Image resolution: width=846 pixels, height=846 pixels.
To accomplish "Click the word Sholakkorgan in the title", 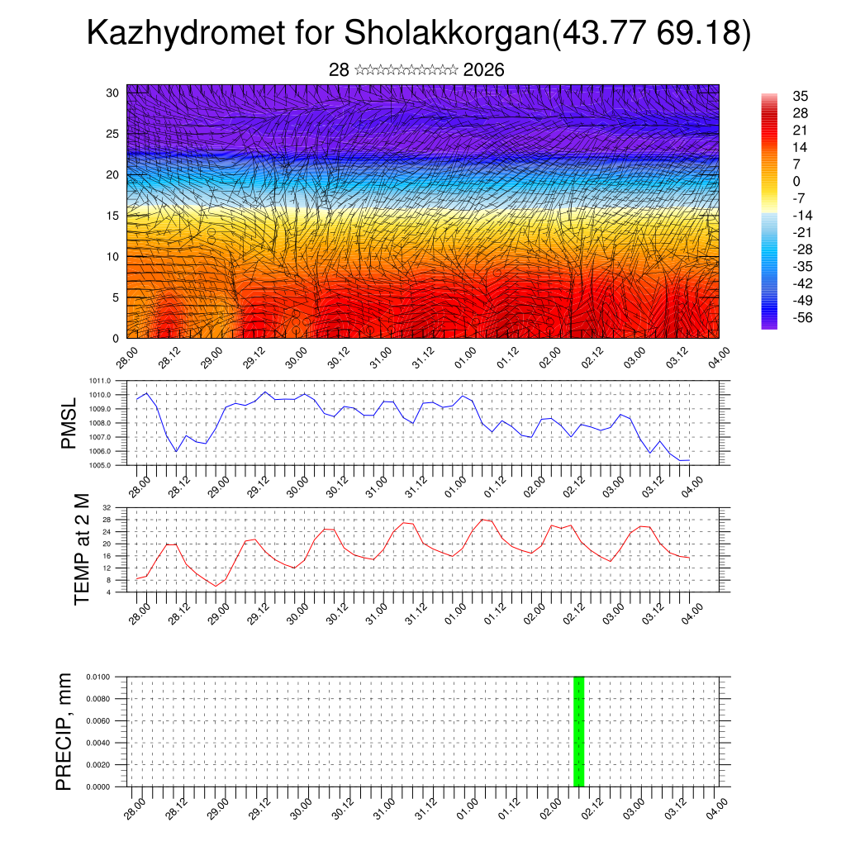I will tap(445, 34).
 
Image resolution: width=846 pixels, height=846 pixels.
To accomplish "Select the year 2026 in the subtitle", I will tap(483, 70).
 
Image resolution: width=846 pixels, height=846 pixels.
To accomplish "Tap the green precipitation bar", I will tap(578, 730).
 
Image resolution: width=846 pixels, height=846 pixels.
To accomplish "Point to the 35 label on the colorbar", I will tap(800, 96).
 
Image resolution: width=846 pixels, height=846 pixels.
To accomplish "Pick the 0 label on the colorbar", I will tap(796, 181).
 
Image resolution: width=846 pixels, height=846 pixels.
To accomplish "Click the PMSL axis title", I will tap(69, 423).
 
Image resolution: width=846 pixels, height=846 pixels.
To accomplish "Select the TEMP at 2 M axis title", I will tap(81, 549).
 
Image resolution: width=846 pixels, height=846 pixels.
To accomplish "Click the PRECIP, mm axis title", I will tap(64, 731).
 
